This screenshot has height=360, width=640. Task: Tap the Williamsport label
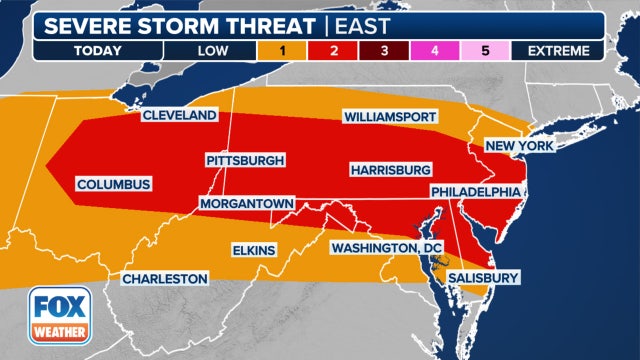click(390, 117)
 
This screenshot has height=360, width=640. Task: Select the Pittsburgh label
click(246, 160)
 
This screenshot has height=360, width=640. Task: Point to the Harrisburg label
click(391, 169)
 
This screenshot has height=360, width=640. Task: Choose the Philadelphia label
click(476, 190)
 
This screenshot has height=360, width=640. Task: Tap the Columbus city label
click(113, 184)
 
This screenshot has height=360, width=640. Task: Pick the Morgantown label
click(246, 203)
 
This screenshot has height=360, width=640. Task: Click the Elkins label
click(253, 249)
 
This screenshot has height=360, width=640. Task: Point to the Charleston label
click(165, 278)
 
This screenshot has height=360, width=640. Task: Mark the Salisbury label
click(483, 277)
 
